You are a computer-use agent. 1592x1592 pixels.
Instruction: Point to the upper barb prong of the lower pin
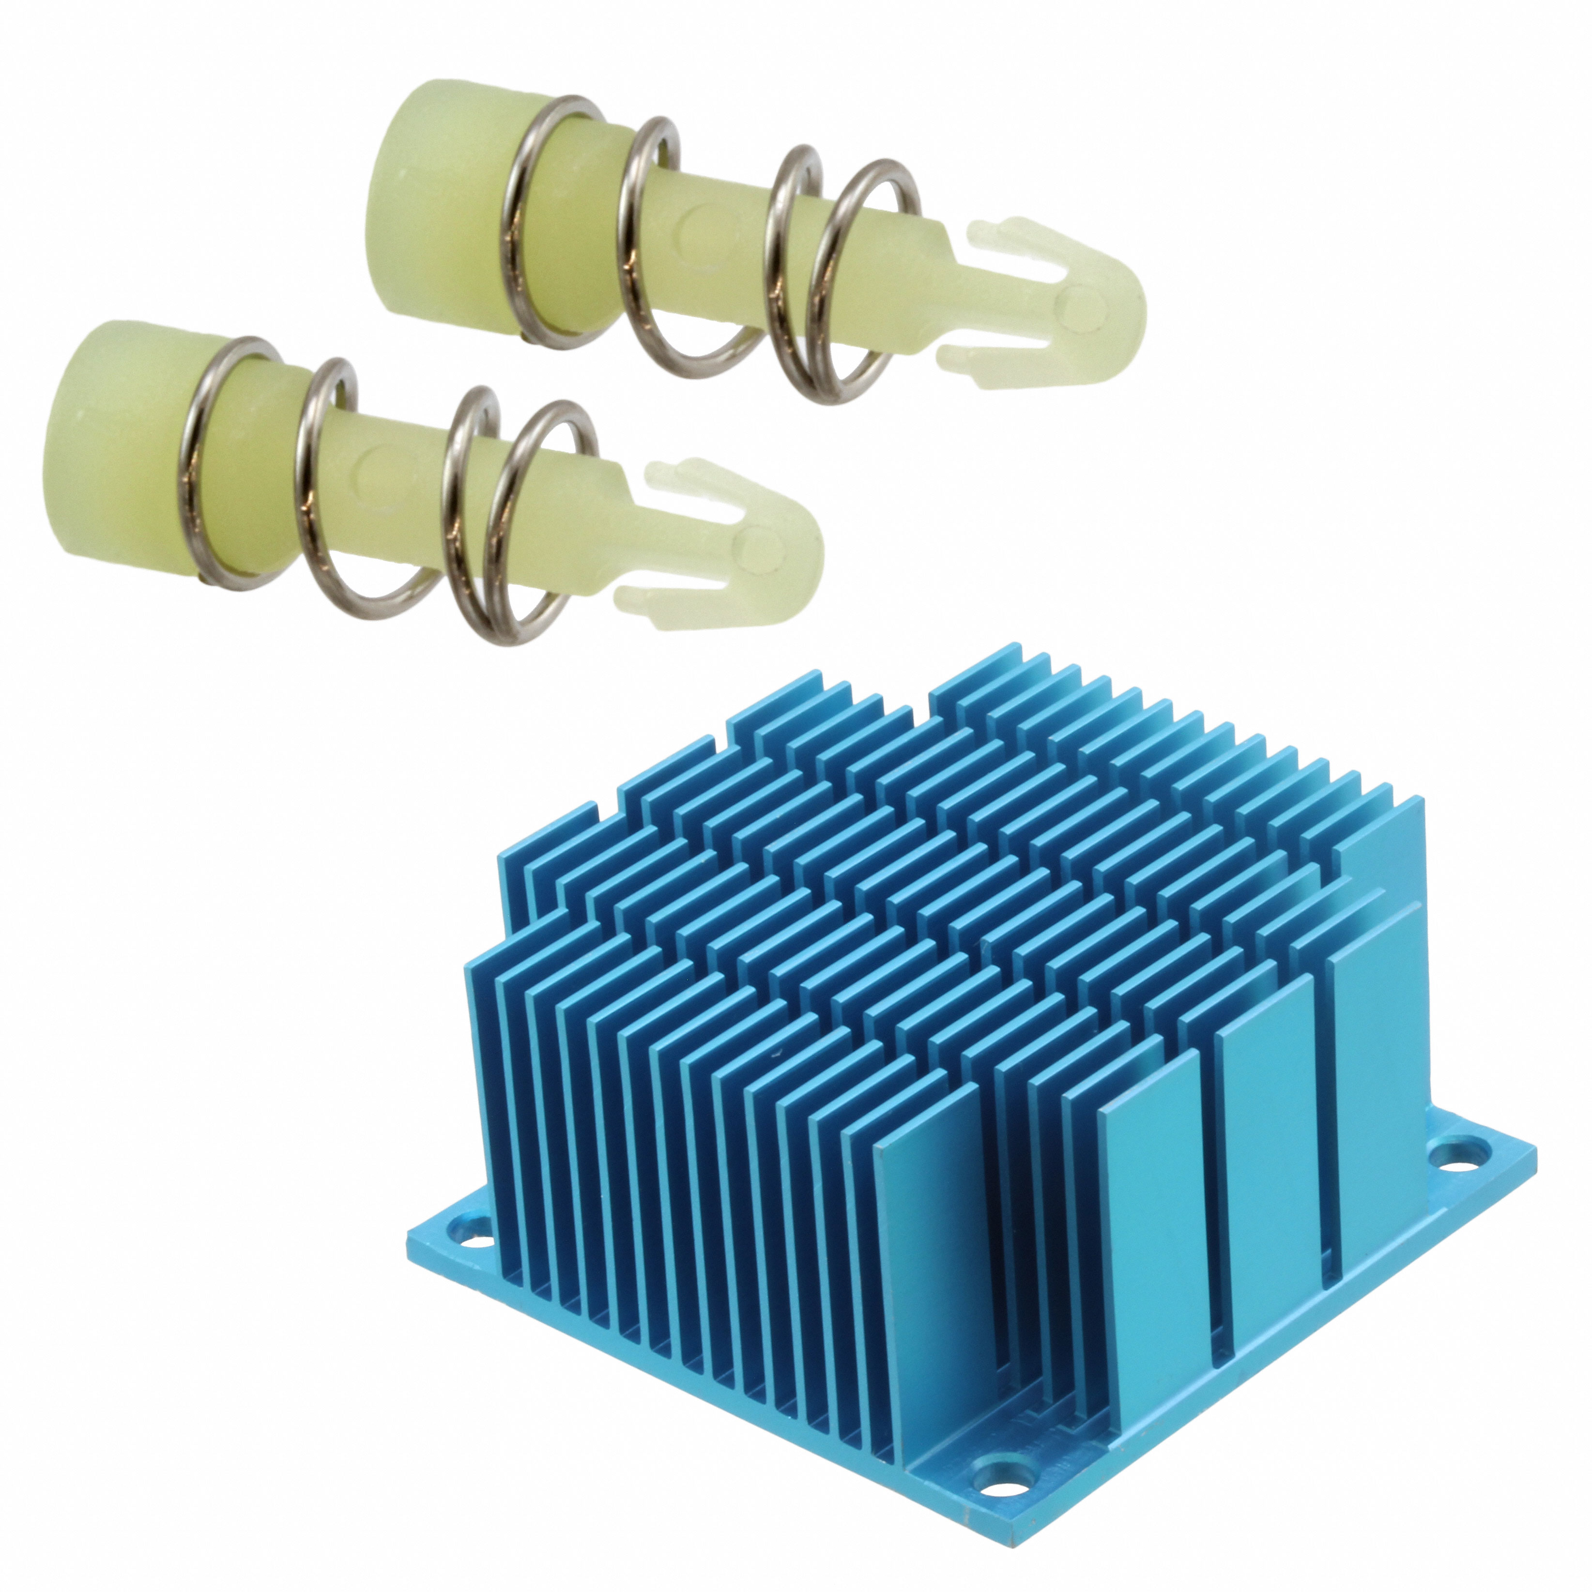(701, 478)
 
